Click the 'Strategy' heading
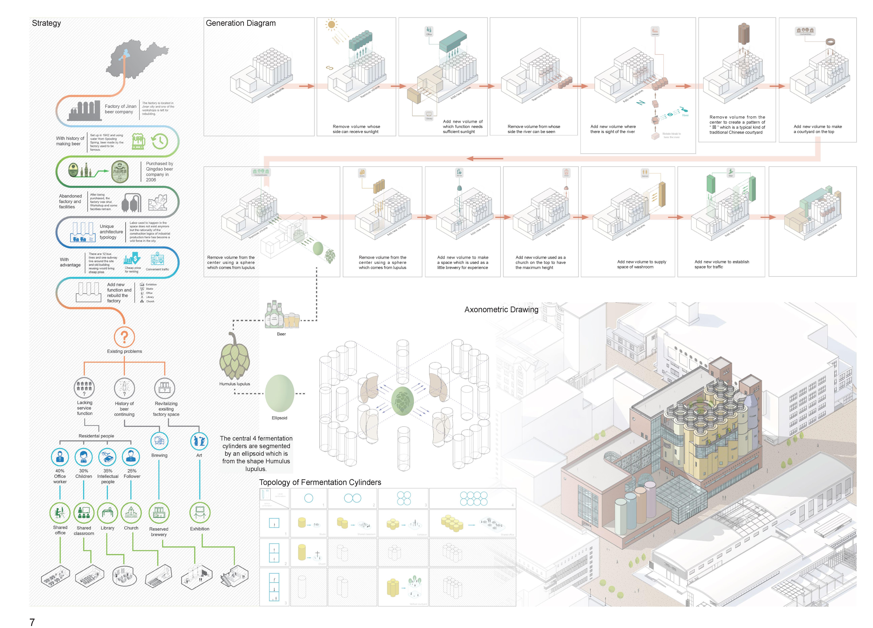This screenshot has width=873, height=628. point(46,23)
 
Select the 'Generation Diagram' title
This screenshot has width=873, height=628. point(240,23)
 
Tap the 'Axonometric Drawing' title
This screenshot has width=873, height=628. point(501,310)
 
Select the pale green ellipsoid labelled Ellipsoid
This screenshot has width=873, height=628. point(279,393)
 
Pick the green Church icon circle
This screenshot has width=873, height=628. point(131,513)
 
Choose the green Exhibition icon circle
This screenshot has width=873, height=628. point(200,513)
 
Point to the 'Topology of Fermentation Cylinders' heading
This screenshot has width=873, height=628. point(320,482)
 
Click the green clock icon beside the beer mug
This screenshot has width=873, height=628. point(160,141)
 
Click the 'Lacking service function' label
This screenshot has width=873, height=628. point(85,408)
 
